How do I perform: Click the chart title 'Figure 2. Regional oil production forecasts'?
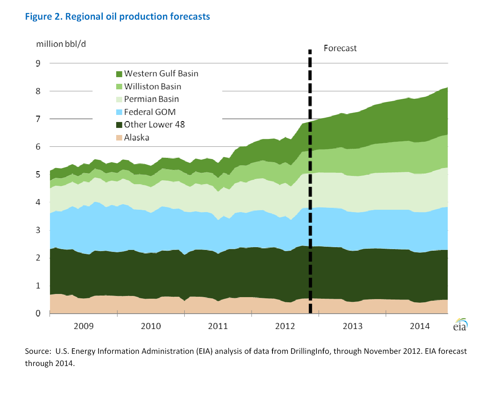117,17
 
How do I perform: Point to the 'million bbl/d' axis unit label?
61,44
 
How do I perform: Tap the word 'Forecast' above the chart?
340,48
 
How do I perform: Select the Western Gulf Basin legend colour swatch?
119,74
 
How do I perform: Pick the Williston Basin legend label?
152,87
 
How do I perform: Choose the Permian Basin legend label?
151,99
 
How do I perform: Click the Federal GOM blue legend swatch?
119,112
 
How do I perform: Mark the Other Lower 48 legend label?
154,125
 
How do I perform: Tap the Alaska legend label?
136,138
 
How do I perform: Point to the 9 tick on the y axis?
38,63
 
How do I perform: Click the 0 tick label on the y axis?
38,313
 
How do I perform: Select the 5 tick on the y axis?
38,174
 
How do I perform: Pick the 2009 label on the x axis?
83,326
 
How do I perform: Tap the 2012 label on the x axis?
285,326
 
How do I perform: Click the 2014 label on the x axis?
420,326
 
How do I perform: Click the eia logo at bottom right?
460,325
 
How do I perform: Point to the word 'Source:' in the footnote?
38,351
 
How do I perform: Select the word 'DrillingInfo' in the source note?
309,351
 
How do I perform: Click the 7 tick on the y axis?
38,119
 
